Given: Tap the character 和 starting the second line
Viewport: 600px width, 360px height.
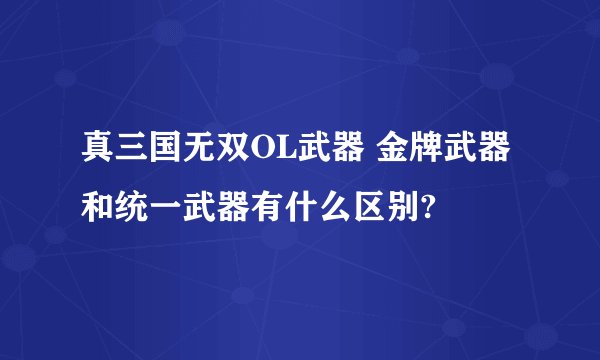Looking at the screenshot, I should tap(97, 210).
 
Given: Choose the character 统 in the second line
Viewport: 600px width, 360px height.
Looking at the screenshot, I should tap(129, 210).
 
